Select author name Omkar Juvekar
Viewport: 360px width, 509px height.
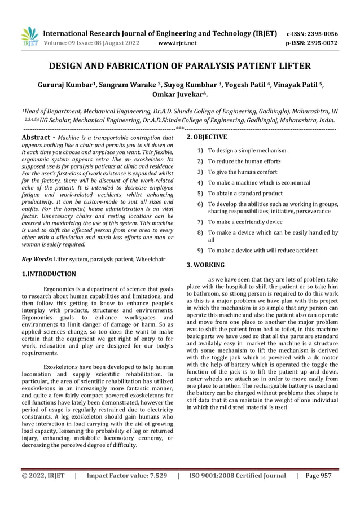point(180,95)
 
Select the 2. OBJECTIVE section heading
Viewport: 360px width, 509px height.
point(207,137)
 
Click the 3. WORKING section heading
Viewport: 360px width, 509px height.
point(205,264)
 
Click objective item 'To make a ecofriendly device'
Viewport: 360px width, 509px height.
point(245,222)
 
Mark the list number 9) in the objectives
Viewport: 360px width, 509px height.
point(200,250)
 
